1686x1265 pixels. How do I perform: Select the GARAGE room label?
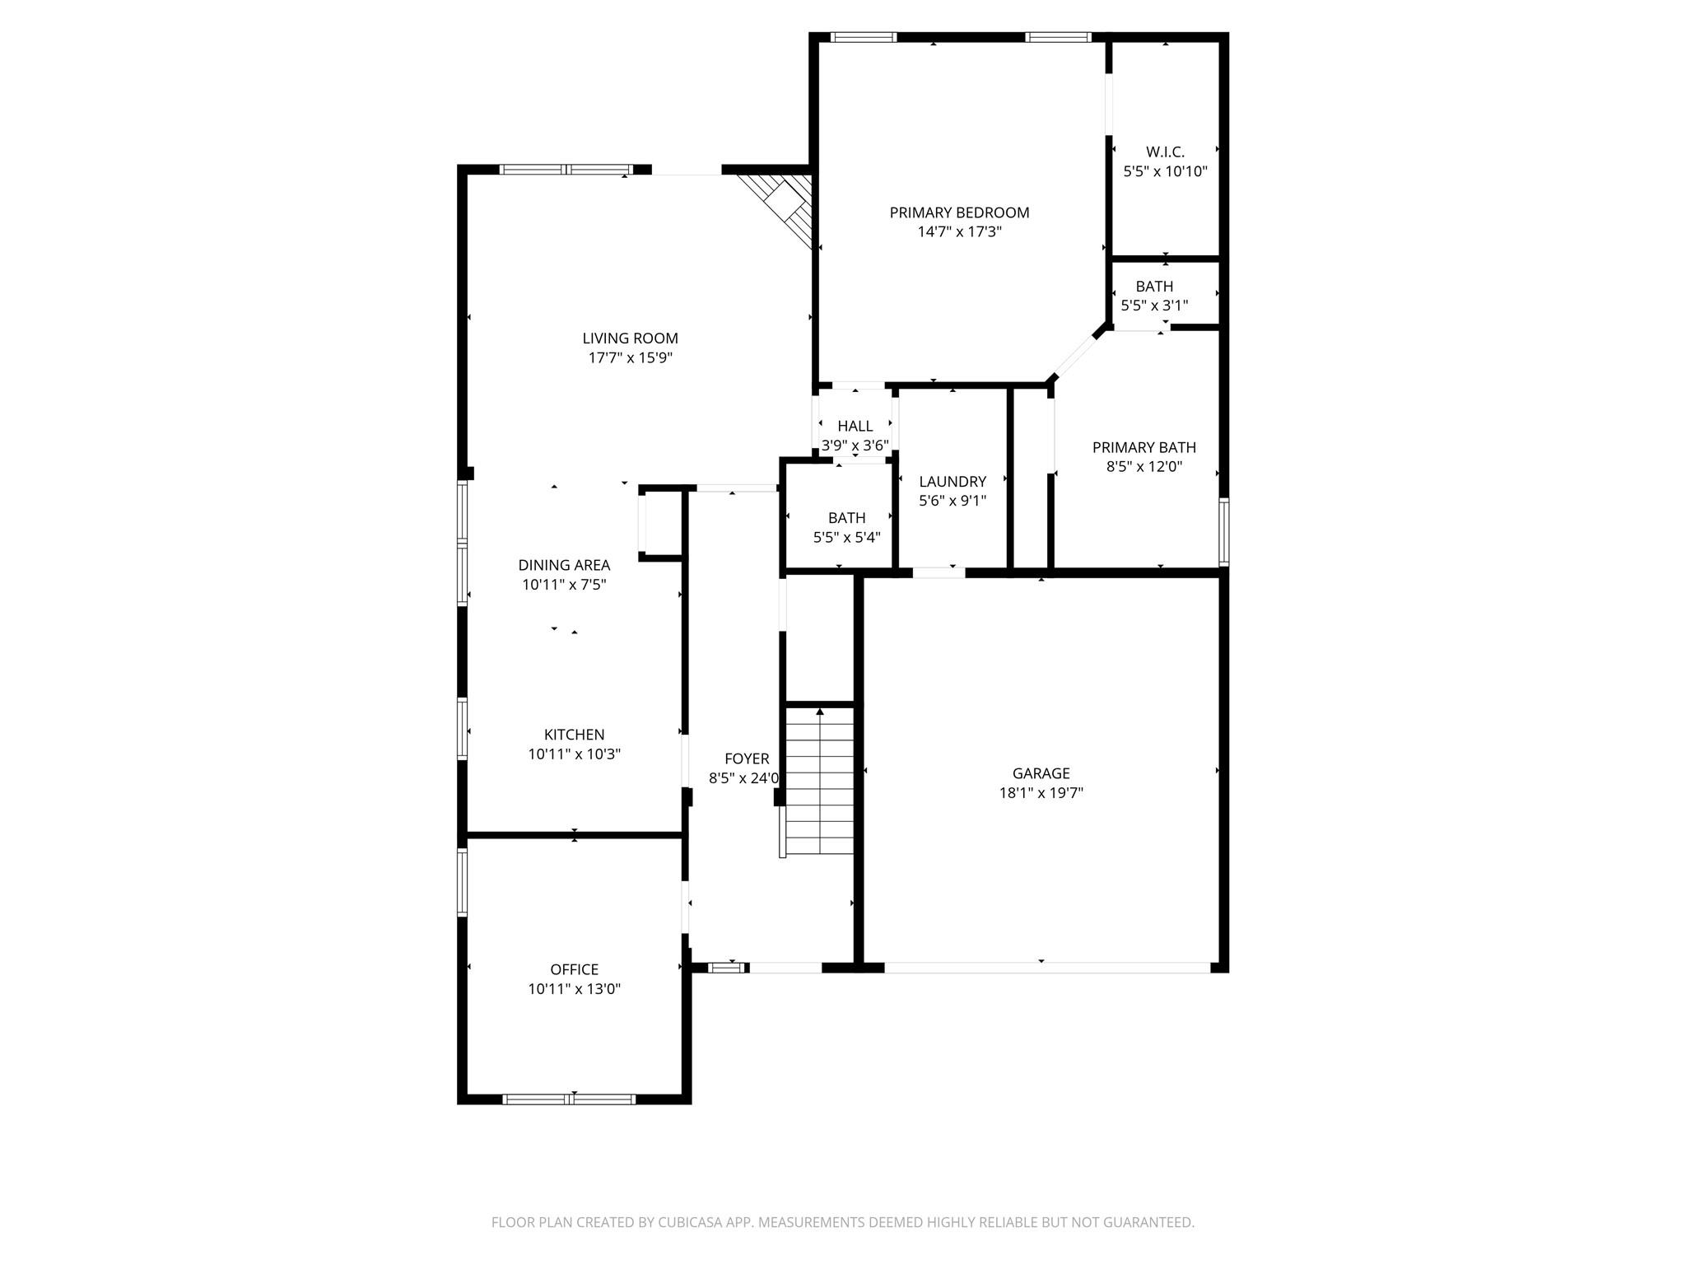tap(1041, 773)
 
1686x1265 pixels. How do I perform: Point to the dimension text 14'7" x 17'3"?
tap(959, 232)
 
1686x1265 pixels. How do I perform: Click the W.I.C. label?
tap(1165, 152)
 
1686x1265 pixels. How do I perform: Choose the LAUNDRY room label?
tap(952, 482)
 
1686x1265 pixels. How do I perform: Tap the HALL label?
tap(855, 427)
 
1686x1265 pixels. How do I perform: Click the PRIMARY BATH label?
tap(1143, 447)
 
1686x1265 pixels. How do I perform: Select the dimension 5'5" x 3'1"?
tap(1154, 306)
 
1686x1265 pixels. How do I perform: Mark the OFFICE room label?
tap(574, 970)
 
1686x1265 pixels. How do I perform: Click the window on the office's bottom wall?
tap(569, 1099)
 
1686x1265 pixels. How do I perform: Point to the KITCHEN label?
tap(574, 735)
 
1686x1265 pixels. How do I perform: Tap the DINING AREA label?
tap(564, 565)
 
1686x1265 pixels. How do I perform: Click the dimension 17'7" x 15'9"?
tap(630, 358)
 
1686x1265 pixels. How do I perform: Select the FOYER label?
tap(747, 759)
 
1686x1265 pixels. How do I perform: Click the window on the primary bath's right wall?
tap(1223, 532)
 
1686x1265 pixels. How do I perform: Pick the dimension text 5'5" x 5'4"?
tap(846, 538)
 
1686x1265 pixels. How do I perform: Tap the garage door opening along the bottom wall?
tap(1046, 968)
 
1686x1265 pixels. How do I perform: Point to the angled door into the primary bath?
tap(1076, 357)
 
